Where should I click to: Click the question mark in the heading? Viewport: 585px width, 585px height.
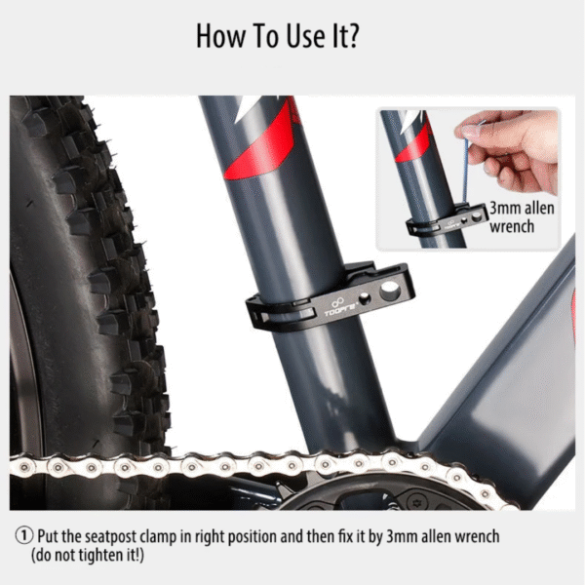click(352, 36)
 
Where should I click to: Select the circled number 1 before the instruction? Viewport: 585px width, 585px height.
click(24, 536)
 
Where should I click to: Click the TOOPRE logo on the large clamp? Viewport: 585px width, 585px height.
click(340, 307)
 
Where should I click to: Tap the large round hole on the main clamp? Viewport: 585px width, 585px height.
click(389, 290)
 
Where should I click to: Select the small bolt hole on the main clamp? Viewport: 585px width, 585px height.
click(364, 298)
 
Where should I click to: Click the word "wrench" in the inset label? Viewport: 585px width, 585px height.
click(512, 226)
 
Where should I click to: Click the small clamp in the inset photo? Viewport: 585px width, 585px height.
click(447, 221)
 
